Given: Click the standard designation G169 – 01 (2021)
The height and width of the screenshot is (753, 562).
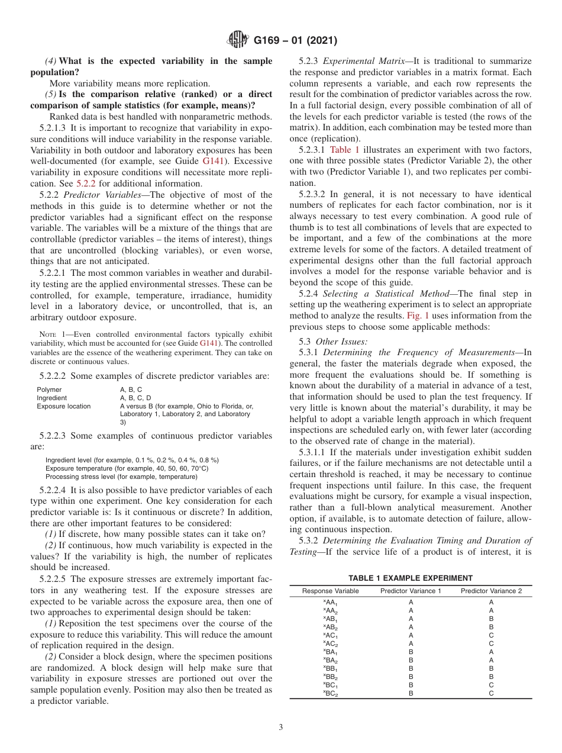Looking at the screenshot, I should click(295, 41).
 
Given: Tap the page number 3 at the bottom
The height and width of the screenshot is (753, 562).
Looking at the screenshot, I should click(281, 728).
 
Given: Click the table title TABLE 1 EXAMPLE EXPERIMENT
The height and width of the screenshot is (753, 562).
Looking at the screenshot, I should click(411, 578).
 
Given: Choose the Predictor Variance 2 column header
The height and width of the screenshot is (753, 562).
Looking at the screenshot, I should click(491, 591).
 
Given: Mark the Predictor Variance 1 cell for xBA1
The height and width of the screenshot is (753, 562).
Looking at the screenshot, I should click(411, 652).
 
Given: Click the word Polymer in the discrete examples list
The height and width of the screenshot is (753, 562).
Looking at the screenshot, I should click(49, 390).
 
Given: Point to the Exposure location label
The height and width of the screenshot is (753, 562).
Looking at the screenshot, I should click(64, 406).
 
